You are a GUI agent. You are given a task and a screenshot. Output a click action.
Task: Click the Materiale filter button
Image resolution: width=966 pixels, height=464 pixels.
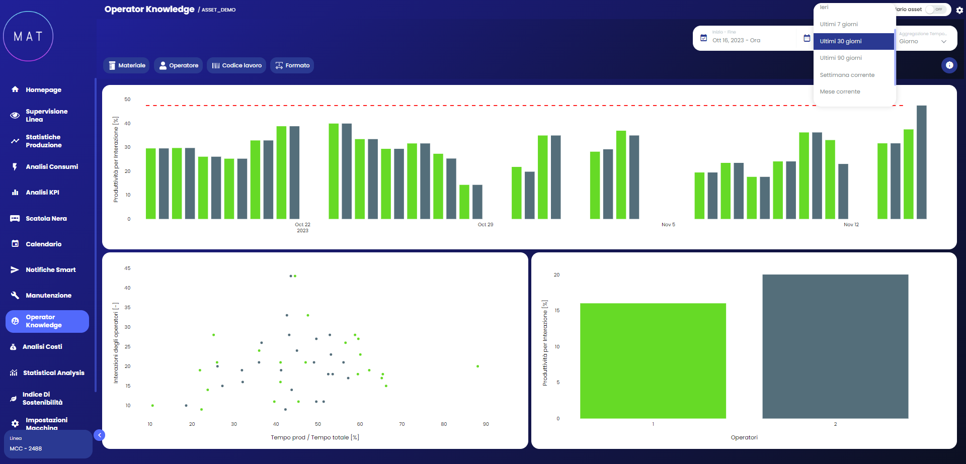[126, 65]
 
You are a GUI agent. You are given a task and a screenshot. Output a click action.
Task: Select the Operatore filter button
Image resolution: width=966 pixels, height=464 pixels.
[179, 65]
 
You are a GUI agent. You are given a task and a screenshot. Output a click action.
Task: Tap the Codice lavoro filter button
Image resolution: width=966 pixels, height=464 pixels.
[236, 65]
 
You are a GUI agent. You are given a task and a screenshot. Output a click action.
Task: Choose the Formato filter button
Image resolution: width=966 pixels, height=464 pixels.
[292, 65]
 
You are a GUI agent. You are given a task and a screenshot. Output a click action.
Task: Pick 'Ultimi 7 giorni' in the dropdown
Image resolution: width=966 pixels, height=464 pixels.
[839, 24]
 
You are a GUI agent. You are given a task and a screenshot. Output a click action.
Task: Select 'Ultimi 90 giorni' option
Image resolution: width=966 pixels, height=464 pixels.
[841, 58]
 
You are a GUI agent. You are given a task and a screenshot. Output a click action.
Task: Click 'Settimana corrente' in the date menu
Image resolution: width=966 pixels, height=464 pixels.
[847, 75]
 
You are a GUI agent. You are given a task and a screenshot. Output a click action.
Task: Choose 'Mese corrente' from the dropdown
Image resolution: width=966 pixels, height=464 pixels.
[840, 91]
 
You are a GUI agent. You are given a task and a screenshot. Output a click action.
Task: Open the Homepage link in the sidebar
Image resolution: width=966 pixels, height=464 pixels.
[43, 90]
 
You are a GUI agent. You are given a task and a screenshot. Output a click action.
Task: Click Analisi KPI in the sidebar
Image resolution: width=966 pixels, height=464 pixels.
[42, 193]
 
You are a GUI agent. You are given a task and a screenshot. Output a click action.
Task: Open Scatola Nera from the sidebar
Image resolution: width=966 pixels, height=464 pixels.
[46, 219]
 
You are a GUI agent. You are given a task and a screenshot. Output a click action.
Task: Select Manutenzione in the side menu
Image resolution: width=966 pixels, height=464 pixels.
[48, 296]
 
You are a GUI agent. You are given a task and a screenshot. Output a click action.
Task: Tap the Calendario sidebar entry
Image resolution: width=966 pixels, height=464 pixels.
[43, 244]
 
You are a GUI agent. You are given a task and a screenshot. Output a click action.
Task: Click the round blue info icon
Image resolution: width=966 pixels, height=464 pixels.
[949, 65]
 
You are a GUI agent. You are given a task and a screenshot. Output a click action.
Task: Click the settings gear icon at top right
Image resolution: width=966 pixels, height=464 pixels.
[959, 10]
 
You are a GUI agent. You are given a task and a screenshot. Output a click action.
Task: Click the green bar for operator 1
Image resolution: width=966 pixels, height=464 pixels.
[653, 360]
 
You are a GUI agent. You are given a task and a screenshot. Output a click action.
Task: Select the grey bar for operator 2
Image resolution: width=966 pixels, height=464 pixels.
[835, 346]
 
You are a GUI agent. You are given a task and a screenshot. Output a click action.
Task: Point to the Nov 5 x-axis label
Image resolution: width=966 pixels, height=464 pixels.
[668, 225]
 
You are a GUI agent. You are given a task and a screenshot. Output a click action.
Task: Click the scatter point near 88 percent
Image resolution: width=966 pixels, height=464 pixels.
[477, 366]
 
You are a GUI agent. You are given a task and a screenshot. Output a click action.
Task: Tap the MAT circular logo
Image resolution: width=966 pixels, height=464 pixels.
[28, 36]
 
